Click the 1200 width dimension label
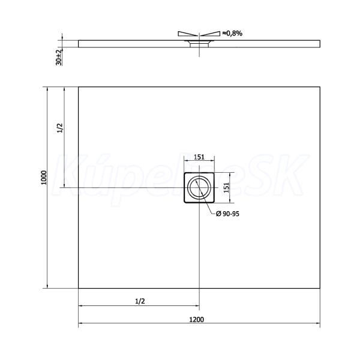point(197,319)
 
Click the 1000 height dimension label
point(44,178)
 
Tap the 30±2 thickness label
point(59,57)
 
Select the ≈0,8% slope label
point(232,34)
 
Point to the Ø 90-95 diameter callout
point(227,214)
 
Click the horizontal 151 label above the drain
point(199,157)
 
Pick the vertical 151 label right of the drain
point(226,187)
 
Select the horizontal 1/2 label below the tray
point(140,301)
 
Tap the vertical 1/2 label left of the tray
point(59,128)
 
